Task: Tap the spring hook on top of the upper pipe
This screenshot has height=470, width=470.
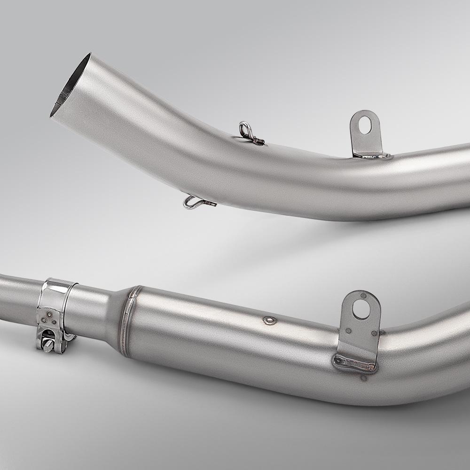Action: click(249, 133)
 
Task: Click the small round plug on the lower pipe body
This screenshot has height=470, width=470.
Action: click(269, 320)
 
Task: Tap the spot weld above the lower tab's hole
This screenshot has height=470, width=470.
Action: click(363, 296)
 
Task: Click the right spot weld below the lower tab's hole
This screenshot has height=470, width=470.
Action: click(374, 333)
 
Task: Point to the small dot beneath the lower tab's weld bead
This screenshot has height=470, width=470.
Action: click(364, 377)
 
